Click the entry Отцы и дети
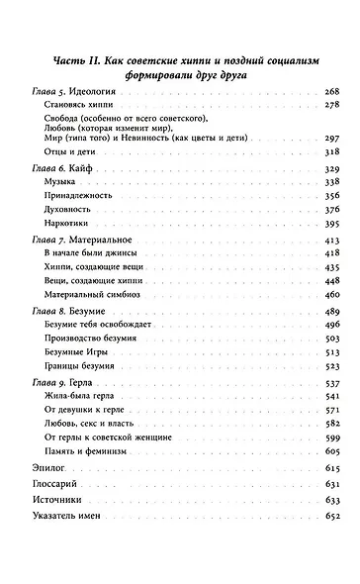[x=66, y=154]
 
